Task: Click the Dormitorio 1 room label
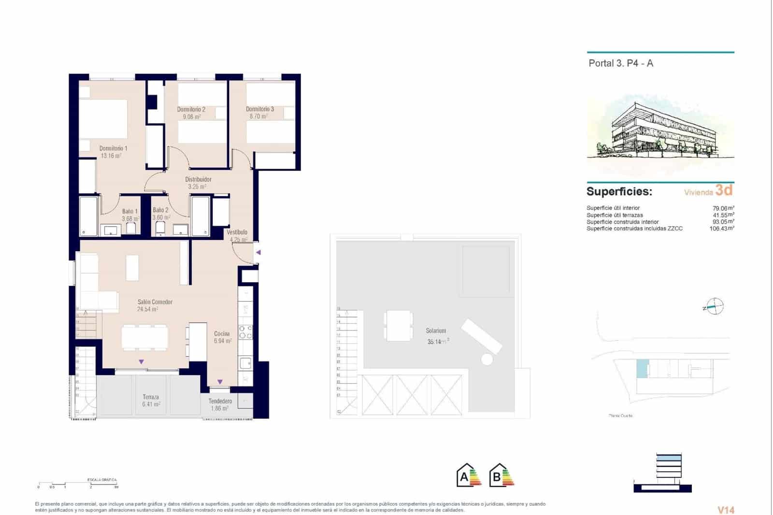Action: (113, 148)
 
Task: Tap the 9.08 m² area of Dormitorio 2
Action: (191, 116)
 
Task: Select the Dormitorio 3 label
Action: (259, 109)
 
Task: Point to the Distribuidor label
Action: (198, 179)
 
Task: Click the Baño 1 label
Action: (129, 211)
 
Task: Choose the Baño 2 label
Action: (160, 210)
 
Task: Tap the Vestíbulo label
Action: (237, 232)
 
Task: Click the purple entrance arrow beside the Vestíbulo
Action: (258, 252)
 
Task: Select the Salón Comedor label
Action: (155, 302)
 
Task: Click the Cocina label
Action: (222, 334)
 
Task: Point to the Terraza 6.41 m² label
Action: (151, 401)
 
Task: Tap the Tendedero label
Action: (220, 401)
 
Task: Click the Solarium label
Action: (436, 331)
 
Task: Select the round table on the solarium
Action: (487, 359)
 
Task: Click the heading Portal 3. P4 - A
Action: (620, 63)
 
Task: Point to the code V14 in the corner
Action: (726, 510)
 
